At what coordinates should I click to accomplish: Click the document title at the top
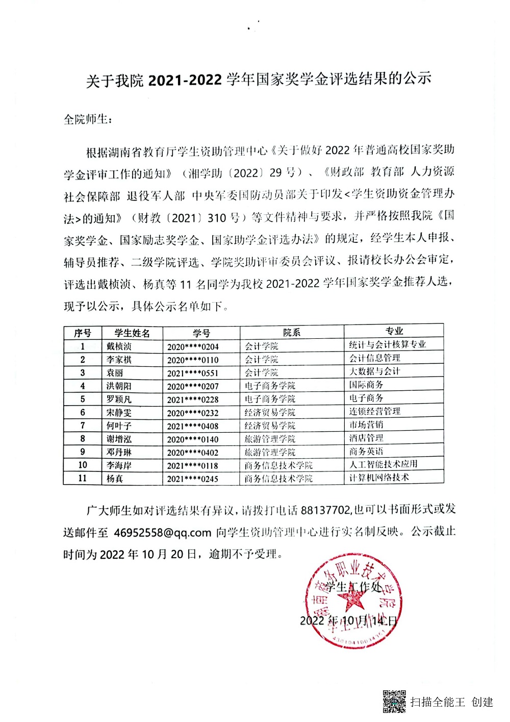(259, 80)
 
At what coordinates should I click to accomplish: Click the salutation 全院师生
(87, 119)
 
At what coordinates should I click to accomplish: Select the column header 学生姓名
(132, 333)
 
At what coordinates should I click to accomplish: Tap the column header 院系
(291, 333)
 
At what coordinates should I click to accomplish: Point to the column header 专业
(394, 331)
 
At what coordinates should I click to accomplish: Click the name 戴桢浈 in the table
(119, 346)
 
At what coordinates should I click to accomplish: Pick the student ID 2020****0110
(193, 360)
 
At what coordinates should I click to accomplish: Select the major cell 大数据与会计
(374, 371)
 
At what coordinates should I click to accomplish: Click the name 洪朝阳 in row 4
(119, 386)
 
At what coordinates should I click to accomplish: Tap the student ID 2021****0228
(193, 400)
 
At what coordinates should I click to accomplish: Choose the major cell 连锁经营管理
(374, 411)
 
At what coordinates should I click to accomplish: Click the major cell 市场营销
(366, 424)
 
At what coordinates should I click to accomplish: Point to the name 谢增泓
(119, 439)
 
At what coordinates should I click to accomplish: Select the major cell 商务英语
(366, 451)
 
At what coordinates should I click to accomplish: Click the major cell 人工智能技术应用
(383, 464)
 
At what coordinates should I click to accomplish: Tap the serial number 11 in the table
(83, 478)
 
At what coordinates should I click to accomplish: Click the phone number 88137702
(325, 510)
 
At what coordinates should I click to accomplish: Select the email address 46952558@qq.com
(162, 532)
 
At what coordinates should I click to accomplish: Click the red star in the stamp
(351, 602)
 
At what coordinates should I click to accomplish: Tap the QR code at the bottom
(394, 702)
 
